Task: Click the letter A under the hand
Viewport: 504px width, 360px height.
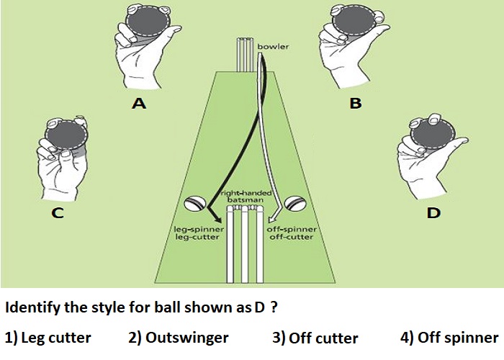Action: pos(139,103)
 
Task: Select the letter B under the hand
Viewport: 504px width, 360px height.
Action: pos(356,103)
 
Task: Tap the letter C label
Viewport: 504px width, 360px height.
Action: pos(58,213)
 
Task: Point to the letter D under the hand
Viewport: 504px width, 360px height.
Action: pos(433,212)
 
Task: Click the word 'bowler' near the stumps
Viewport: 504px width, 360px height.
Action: pos(273,47)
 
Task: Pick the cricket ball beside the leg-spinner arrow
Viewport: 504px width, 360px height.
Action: pos(195,204)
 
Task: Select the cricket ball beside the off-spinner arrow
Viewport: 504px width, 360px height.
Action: pos(295,204)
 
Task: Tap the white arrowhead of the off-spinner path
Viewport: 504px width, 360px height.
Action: pos(274,217)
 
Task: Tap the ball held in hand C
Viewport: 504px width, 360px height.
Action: pos(66,135)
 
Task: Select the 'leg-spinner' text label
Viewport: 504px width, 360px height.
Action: pos(199,230)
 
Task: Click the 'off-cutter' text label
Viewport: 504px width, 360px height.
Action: pos(291,237)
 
